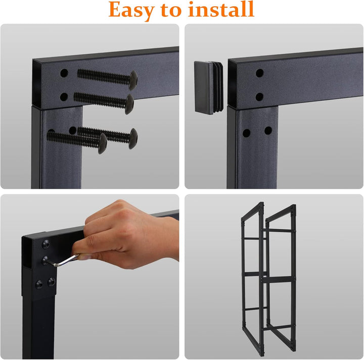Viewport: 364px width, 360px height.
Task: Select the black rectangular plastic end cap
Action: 208,87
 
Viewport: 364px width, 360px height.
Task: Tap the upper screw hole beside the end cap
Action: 259,73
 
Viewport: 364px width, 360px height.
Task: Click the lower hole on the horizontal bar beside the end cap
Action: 259,97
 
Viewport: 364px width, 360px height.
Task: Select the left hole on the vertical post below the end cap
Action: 247,133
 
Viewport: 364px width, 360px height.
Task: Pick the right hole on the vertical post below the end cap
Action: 268,130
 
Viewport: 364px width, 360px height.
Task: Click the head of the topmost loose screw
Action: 133,80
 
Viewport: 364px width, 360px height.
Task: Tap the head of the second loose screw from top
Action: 129,104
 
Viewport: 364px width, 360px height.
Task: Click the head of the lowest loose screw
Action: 102,143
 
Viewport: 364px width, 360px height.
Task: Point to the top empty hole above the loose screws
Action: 64,73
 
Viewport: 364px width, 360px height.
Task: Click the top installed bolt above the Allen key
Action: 45,244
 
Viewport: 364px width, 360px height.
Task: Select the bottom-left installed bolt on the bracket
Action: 39,284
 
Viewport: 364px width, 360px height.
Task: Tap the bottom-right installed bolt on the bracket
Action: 52,282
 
